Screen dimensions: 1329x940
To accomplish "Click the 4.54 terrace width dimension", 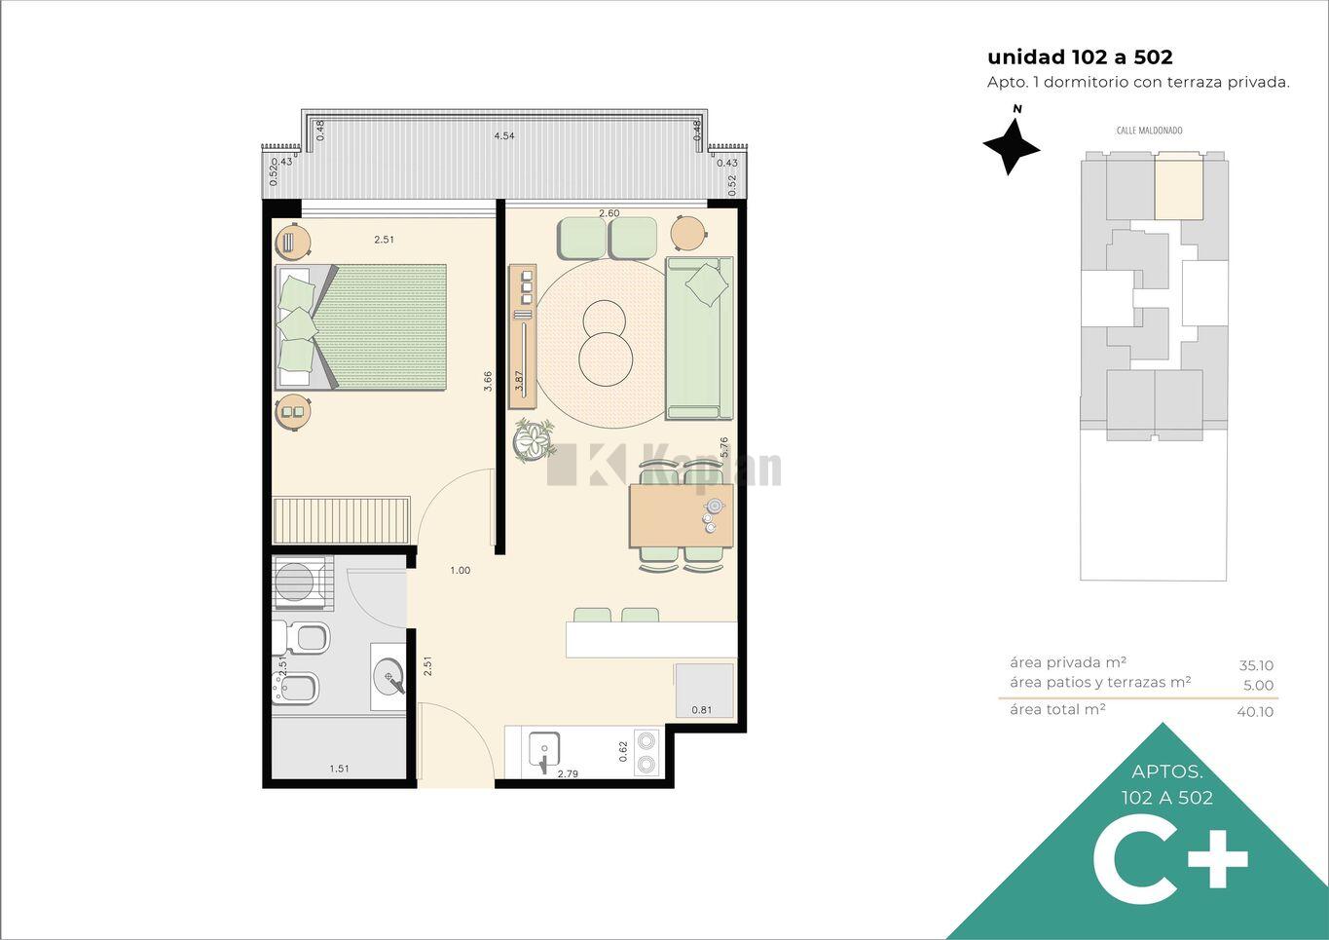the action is click(503, 136).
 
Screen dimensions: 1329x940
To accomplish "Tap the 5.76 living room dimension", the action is click(723, 447).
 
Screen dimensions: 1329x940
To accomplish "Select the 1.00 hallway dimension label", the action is click(460, 570).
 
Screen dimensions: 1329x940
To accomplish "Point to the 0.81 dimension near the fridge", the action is click(702, 710).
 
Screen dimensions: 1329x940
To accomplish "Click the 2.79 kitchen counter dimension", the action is click(568, 773).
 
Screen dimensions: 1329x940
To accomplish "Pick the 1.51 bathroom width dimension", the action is click(340, 769).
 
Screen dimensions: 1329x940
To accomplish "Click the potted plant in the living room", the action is click(535, 439).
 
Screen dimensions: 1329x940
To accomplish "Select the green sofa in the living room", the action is click(699, 338).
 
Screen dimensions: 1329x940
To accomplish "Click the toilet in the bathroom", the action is click(300, 638).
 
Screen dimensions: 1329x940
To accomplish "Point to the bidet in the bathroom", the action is click(295, 689).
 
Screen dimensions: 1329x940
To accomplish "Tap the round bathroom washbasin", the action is click(389, 676).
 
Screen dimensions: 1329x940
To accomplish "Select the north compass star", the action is click(1011, 146).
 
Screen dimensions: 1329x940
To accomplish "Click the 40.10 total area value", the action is click(1255, 711).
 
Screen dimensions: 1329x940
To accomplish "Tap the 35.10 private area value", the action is click(1256, 665).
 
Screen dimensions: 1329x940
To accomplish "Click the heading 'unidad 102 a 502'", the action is click(1080, 56).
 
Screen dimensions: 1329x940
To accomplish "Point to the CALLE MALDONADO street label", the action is click(1149, 131).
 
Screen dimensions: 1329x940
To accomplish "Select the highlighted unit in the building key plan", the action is click(1179, 186).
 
